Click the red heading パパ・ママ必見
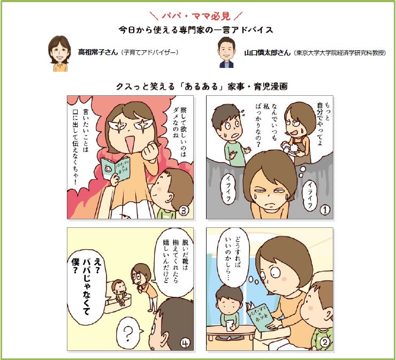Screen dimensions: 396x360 [x=196, y=16]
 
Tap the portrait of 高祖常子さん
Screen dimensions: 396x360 [x=59, y=53]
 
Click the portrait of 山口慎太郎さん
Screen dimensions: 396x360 [x=226, y=52]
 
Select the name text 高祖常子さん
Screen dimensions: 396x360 [x=98, y=52]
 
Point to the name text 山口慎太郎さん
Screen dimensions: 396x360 [x=267, y=53]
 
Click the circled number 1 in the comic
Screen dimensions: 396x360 [x=325, y=210]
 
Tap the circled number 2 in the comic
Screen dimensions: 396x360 [x=325, y=342]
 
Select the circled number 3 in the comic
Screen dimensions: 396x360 [x=184, y=211]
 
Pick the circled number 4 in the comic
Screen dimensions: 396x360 [x=186, y=343]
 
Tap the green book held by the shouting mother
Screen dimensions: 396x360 [x=116, y=168]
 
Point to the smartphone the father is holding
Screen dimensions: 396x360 [x=230, y=325]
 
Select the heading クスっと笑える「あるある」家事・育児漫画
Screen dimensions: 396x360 [x=202, y=87]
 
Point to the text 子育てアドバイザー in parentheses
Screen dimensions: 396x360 [x=149, y=52]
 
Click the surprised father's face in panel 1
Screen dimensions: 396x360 [x=229, y=123]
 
